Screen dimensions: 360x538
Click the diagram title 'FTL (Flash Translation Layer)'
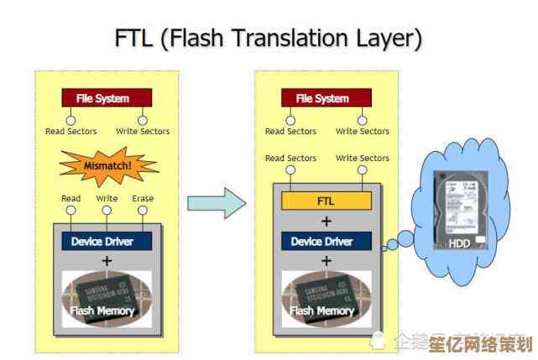click(x=268, y=39)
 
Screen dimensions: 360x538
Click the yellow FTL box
click(x=325, y=201)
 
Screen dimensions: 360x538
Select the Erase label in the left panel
click(x=144, y=199)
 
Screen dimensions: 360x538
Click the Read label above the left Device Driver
click(x=71, y=199)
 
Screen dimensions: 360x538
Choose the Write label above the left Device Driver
click(x=107, y=199)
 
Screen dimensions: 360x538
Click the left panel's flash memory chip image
click(x=107, y=298)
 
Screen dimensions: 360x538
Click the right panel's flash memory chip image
click(x=325, y=298)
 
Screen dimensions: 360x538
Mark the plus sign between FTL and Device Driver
click(x=326, y=222)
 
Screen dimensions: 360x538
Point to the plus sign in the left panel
click(x=107, y=261)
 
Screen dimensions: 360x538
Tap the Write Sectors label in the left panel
click(x=143, y=132)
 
